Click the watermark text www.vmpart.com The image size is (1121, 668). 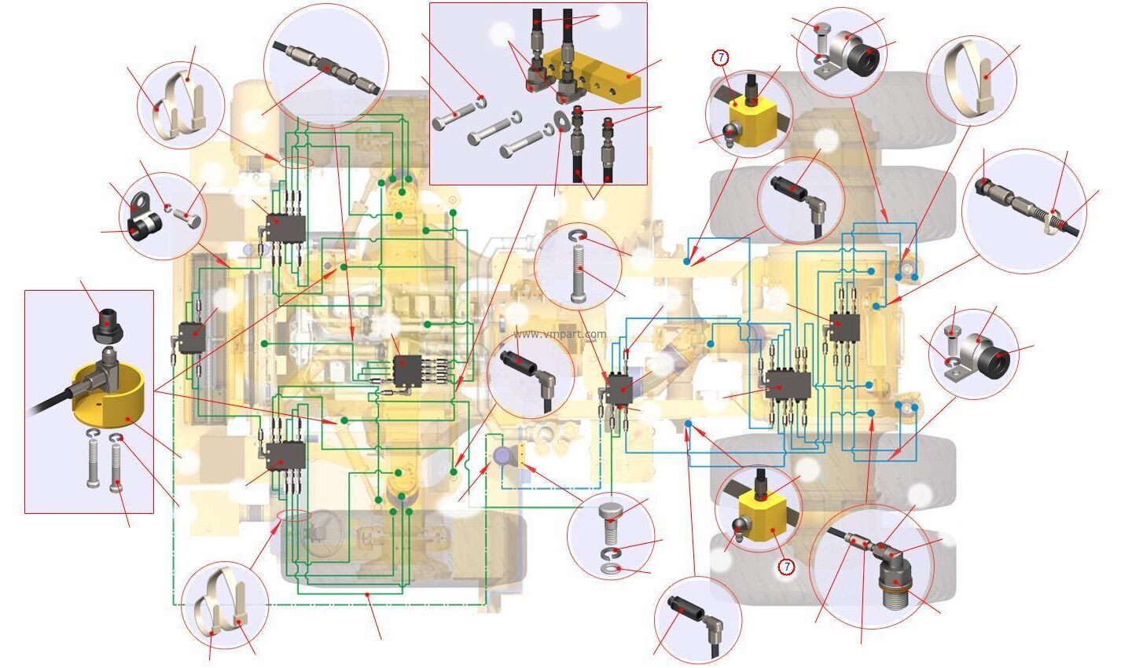click(x=560, y=334)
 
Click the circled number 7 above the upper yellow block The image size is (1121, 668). click(x=721, y=58)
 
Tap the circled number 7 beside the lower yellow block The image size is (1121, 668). click(x=787, y=567)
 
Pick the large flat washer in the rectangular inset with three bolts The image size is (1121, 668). click(x=562, y=122)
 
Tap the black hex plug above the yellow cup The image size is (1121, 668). click(x=108, y=325)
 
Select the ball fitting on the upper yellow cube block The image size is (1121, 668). click(x=733, y=133)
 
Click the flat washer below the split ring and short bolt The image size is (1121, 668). click(x=611, y=568)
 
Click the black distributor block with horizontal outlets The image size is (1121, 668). click(x=408, y=370)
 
